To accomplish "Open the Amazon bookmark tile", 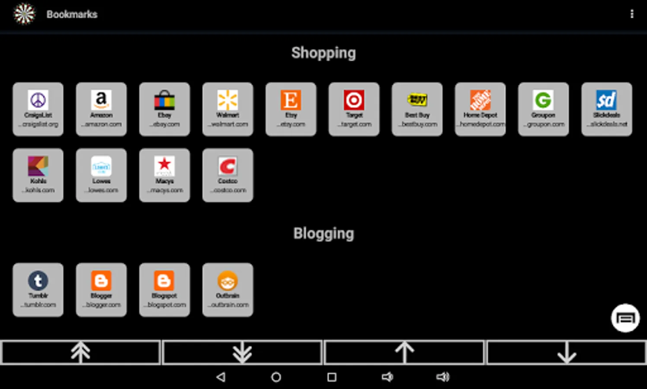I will tap(101, 109).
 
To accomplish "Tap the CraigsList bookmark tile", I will tap(38, 109).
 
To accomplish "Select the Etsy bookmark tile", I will tap(291, 109).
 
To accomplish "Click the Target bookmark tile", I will tap(354, 109).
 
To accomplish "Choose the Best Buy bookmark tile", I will tap(417, 109).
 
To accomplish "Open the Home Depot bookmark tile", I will tap(480, 109).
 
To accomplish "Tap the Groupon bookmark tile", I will tap(543, 109).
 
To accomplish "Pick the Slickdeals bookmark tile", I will tap(606, 109).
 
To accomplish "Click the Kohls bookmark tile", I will tap(38, 175).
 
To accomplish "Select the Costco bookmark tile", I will tap(227, 175).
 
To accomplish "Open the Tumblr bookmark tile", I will tap(38, 290).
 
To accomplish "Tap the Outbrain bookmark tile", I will tap(227, 290).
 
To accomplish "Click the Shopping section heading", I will tap(323, 53).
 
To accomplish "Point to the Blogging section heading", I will tap(323, 233).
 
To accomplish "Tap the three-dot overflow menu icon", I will tap(632, 14).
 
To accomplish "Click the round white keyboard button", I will tap(625, 318).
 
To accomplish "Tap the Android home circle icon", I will tap(276, 377).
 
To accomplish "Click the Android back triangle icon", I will tap(221, 377).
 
